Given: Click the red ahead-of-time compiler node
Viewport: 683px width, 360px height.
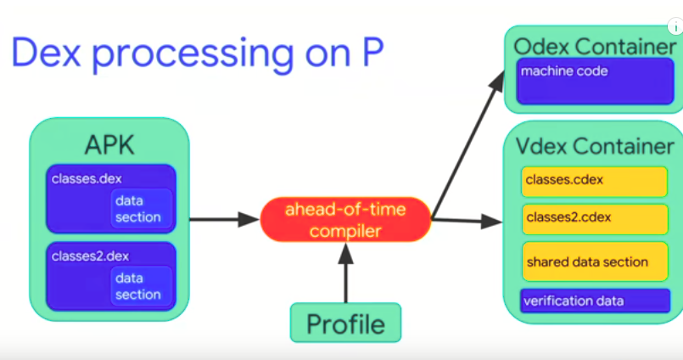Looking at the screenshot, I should pos(345,219).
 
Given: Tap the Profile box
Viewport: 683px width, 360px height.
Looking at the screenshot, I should pos(345,323).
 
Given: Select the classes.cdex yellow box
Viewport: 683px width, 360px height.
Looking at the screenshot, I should pos(588,180).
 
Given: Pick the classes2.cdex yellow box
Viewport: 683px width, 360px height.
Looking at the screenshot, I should pos(588,217).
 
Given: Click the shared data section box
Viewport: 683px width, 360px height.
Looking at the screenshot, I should pos(588,262).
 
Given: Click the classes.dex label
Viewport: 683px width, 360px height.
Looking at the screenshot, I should pos(81,178).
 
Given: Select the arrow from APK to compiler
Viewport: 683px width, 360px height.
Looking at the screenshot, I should pos(222,220).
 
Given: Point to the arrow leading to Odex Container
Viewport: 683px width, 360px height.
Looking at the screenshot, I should pos(466,144).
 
